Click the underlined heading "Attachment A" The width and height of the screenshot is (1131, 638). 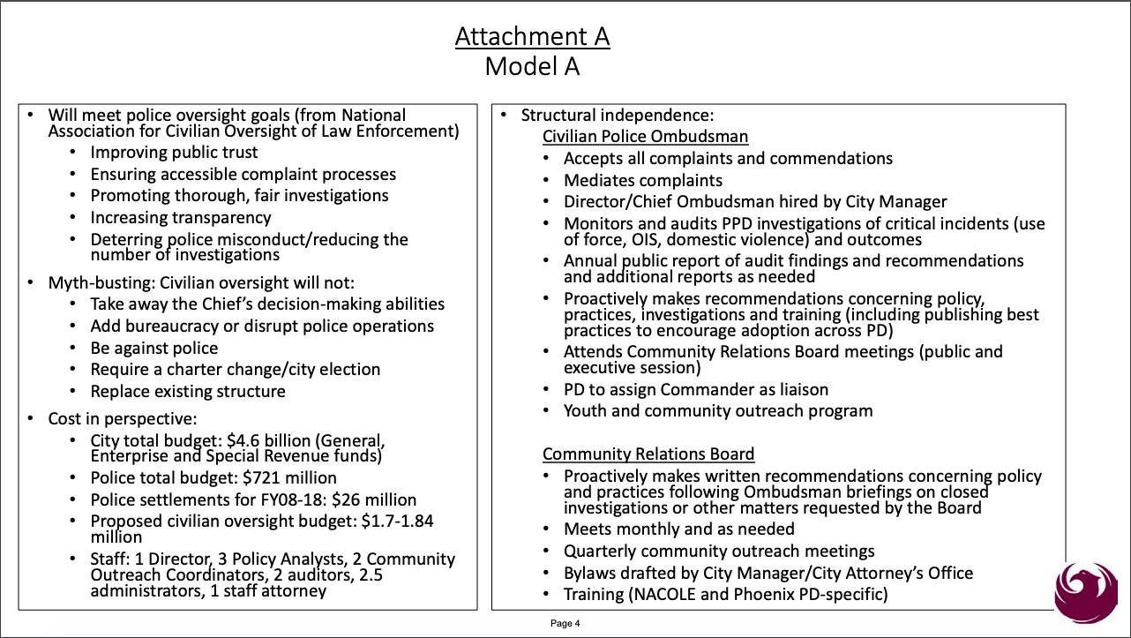(x=532, y=36)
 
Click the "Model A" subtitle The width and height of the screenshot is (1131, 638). (x=532, y=66)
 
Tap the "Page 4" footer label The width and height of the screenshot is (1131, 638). (x=565, y=623)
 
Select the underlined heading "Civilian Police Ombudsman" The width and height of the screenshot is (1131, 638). (x=645, y=136)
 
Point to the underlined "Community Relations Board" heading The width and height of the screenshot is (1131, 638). (x=648, y=454)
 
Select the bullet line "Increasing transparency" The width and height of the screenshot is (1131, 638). (x=181, y=217)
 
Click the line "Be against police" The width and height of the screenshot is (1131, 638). (x=154, y=348)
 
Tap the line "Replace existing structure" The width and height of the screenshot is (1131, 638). (x=188, y=391)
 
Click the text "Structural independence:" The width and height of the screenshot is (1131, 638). (x=617, y=115)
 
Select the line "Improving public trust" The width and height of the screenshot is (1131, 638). (x=174, y=152)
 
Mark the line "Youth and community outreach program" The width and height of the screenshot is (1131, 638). (x=717, y=410)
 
